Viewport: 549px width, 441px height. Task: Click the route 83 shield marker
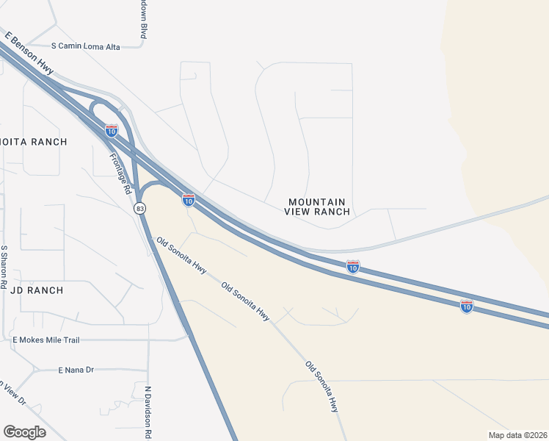click(139, 209)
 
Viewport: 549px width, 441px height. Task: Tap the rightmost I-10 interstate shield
click(467, 306)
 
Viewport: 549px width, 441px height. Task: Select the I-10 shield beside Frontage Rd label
click(112, 131)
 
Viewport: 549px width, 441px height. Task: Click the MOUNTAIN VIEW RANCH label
click(318, 207)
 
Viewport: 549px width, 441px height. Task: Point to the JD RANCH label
click(37, 290)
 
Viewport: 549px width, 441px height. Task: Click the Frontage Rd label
click(120, 173)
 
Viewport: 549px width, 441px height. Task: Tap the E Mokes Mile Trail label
click(57, 340)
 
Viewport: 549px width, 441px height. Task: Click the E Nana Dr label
click(76, 370)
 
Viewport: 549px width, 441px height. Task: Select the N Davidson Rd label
click(148, 412)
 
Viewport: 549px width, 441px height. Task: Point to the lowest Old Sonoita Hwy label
click(323, 387)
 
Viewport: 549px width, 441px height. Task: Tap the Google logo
click(24, 431)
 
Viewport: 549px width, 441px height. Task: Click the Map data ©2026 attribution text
click(517, 435)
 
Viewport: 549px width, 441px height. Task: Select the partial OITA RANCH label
click(33, 142)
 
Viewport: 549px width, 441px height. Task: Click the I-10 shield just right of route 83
click(189, 199)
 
